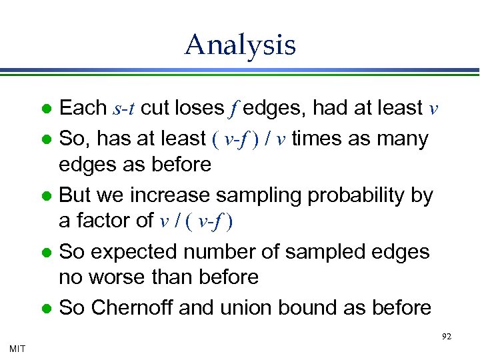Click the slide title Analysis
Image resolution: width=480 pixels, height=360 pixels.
tap(240, 45)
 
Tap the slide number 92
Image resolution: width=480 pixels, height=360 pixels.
tap(446, 337)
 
